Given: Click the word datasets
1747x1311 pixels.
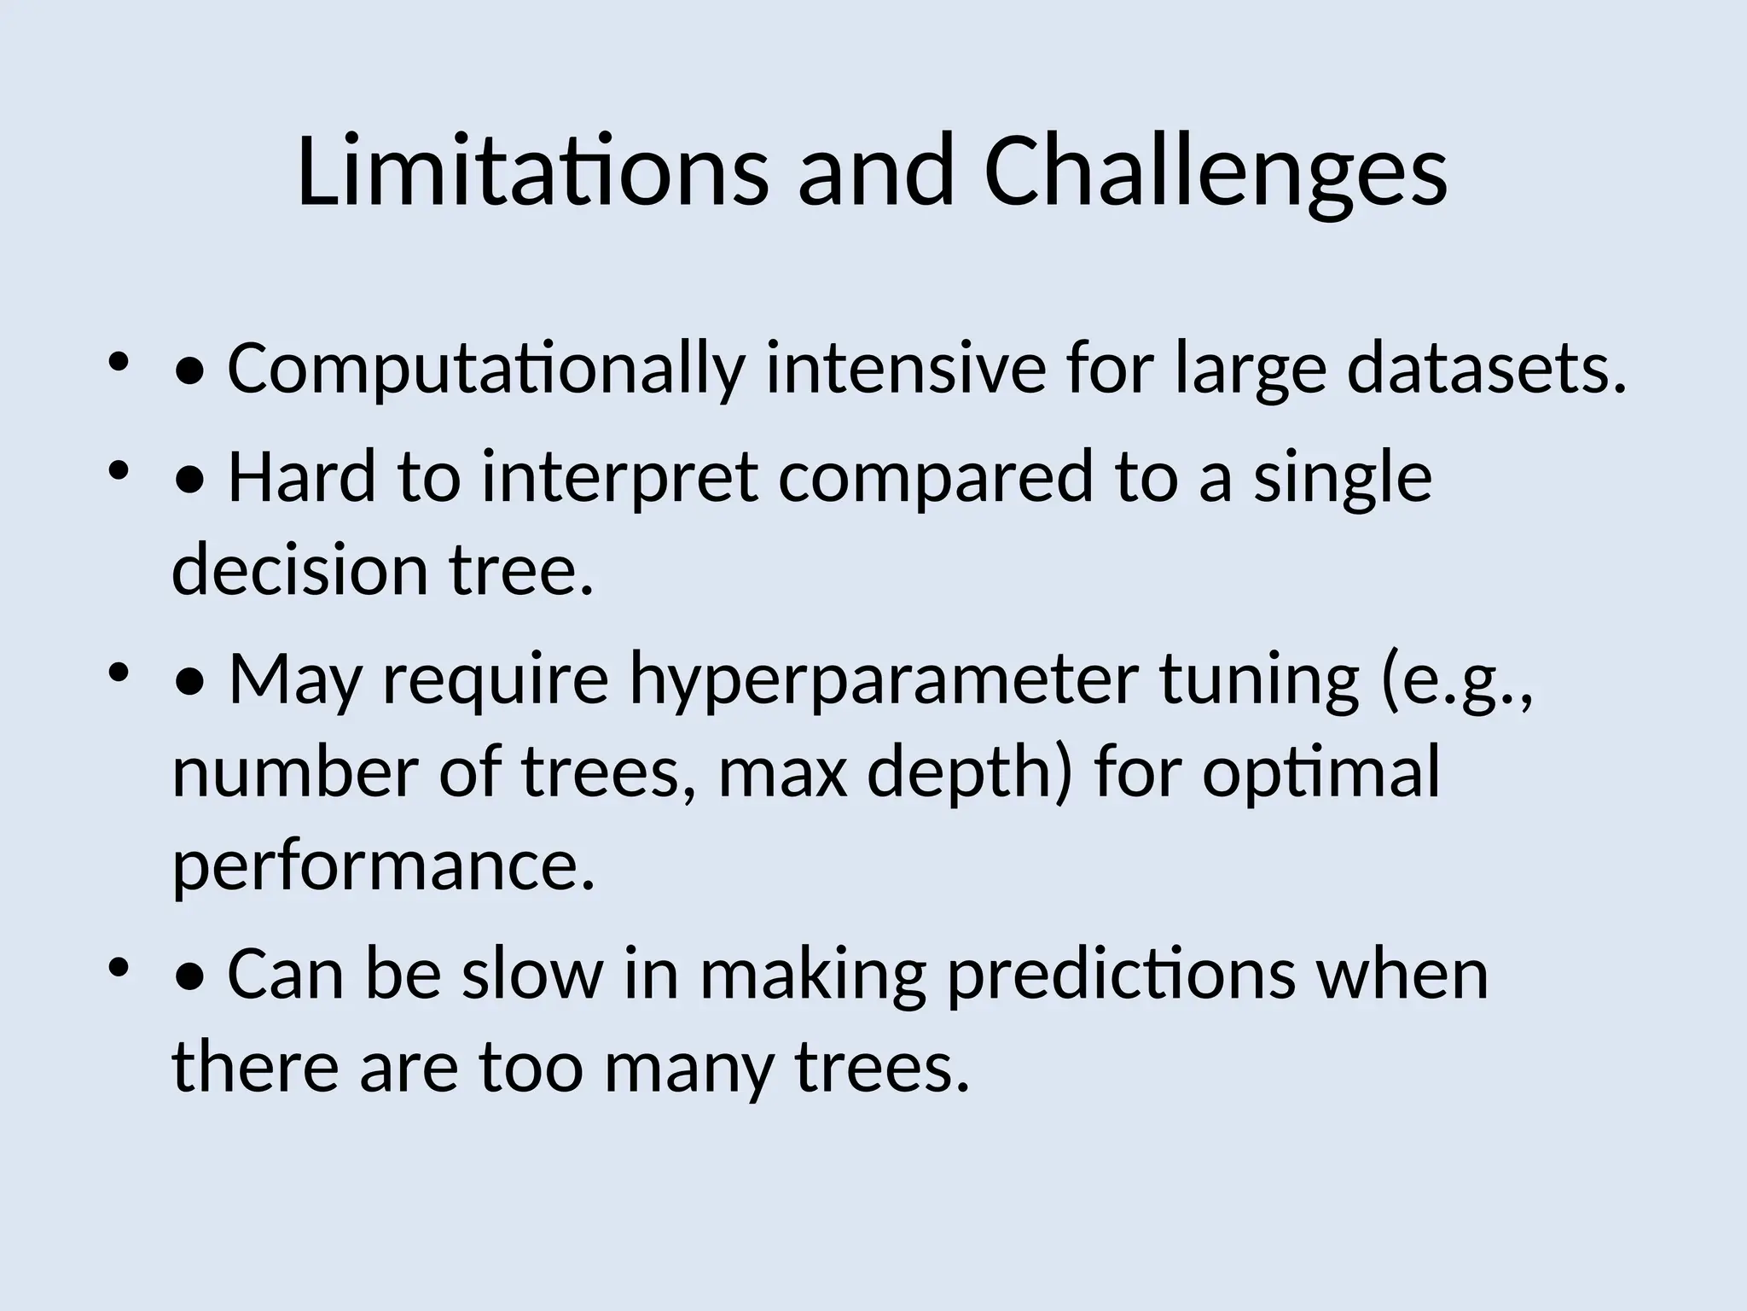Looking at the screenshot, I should click(x=1487, y=369).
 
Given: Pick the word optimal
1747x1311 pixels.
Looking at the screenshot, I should click(x=1321, y=772).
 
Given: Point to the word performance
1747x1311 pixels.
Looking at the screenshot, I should click(x=383, y=865).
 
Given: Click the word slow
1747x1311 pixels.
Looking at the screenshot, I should click(x=532, y=974).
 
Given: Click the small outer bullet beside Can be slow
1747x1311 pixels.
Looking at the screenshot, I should click(x=118, y=966).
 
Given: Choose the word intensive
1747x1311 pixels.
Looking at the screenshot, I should click(x=906, y=369).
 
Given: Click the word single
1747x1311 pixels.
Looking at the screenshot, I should click(x=1343, y=477).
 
